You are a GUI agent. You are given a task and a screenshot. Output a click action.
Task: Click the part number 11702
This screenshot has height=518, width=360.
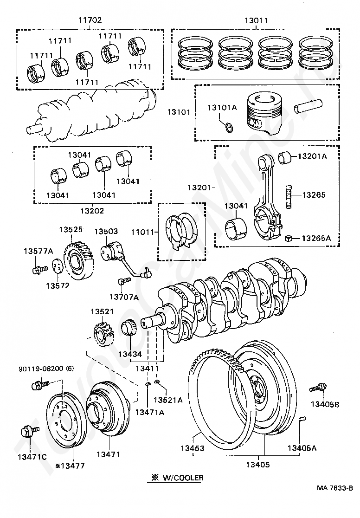tap(90, 20)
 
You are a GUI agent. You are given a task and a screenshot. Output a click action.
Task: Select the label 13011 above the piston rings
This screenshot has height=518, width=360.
tap(256, 20)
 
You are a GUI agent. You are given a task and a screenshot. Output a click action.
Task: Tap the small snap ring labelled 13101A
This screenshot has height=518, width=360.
tap(230, 126)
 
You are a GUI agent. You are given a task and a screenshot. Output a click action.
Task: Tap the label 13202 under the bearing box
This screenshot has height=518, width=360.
tap(91, 210)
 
